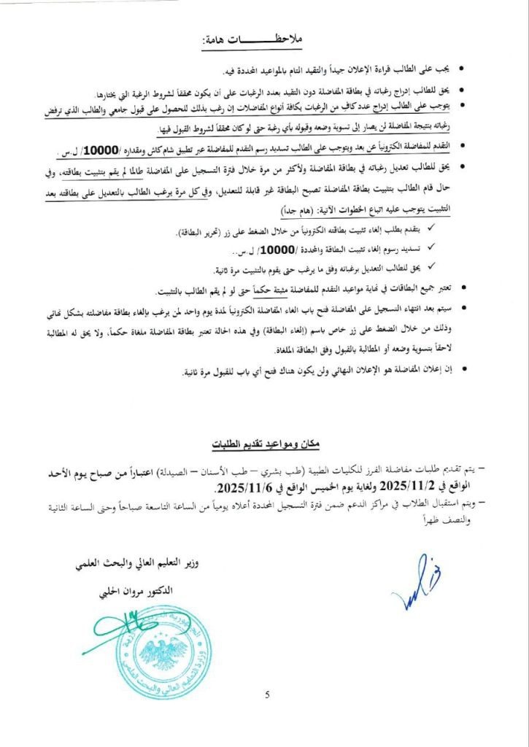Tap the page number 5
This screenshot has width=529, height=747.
click(267, 693)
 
